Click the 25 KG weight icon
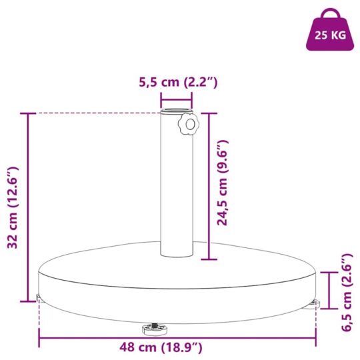tap(330, 30)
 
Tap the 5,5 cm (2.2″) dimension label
tap(178, 82)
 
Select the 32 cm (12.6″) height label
tap(13, 208)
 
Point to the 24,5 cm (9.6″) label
tap(222, 183)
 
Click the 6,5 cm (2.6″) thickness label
tap(347, 292)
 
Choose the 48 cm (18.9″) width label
tap(161, 347)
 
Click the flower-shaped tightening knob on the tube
tap(189, 125)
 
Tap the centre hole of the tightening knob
tap(190, 125)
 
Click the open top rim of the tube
tap(176, 111)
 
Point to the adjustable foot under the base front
tap(155, 329)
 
